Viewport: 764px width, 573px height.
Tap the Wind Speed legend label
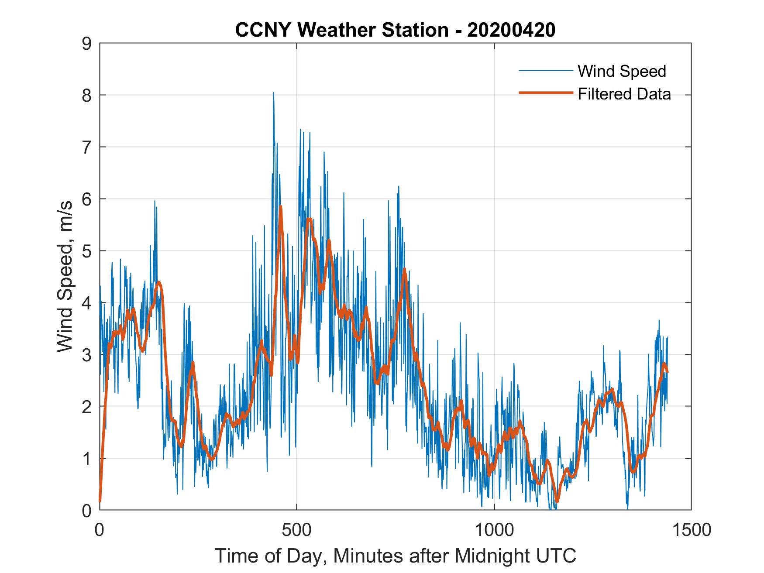coord(622,71)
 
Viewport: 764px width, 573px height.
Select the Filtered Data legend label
coord(624,94)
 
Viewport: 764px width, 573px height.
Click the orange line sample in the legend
coord(545,93)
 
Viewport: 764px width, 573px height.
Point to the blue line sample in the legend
coord(545,71)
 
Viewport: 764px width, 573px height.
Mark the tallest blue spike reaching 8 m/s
coord(273,93)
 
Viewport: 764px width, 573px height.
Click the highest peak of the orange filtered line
coord(280,207)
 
